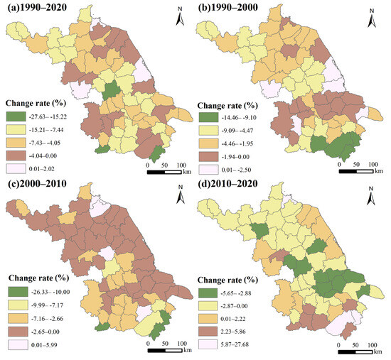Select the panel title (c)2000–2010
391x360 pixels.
[38, 187]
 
